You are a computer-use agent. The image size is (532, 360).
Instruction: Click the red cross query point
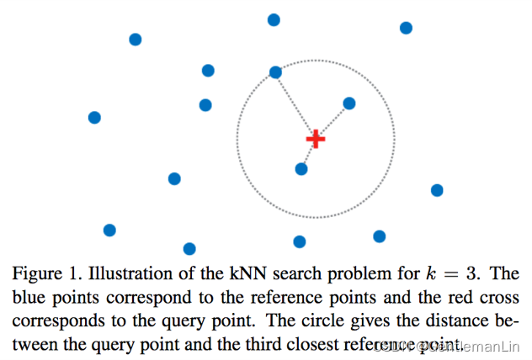pyautogui.click(x=316, y=138)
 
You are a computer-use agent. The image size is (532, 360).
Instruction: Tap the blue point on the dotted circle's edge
pyautogui.click(x=275, y=72)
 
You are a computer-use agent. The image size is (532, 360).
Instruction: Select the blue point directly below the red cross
pyautogui.click(x=301, y=169)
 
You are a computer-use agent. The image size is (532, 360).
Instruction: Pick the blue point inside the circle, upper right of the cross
pyautogui.click(x=349, y=103)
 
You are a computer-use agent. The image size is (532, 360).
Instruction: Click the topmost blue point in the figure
pyautogui.click(x=274, y=19)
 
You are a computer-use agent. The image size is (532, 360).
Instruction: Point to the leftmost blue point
pyautogui.click(x=94, y=117)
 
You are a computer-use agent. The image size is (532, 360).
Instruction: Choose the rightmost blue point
pyautogui.click(x=437, y=190)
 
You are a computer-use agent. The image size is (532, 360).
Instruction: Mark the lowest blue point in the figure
pyautogui.click(x=189, y=248)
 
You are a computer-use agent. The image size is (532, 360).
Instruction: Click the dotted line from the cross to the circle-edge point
pyautogui.click(x=295, y=104)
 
